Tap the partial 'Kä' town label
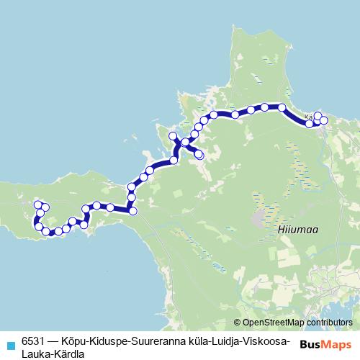point(309,115)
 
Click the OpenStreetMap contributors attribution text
point(297,323)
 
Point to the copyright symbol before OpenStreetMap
point(238,323)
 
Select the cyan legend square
point(9,345)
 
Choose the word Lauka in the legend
point(36,354)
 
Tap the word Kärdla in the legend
point(70,354)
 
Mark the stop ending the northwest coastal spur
point(172,136)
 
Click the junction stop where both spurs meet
point(186,143)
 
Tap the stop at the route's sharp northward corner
point(132,210)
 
